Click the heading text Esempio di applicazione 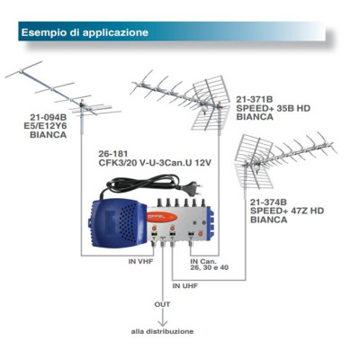pos(85,32)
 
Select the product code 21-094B pos(49,117)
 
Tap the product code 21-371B pos(255,99)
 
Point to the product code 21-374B pos(269,202)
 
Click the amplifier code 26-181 pos(113,154)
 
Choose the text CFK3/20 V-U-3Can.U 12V pos(155,163)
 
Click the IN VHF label pos(140,262)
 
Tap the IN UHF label pos(185,286)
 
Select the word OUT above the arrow pos(162,304)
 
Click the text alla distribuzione pos(162,331)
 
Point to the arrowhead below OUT pos(163,323)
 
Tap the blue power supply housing pos(118,222)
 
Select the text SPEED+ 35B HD pos(273,108)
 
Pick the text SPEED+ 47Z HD pos(287,211)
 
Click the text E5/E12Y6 pos(45,126)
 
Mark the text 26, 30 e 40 pos(210,267)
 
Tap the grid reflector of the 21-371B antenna pos(211,103)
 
